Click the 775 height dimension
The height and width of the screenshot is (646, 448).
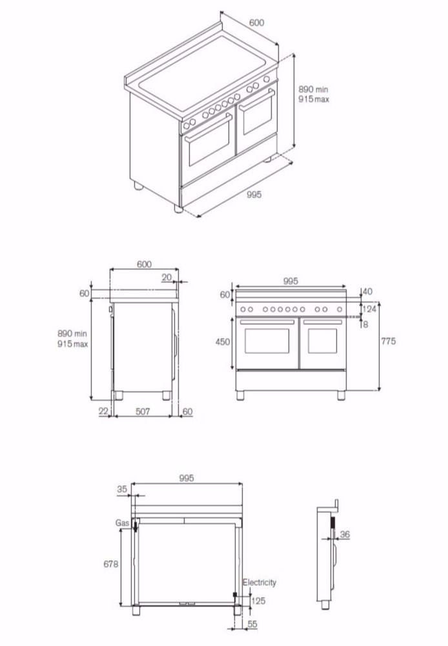coord(388,341)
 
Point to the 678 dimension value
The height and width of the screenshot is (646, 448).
coord(110,564)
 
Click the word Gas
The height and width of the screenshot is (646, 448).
coord(123,523)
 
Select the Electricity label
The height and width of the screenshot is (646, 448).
coord(259,582)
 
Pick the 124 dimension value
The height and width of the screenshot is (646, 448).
coord(369,309)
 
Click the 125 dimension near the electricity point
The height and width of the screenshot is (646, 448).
coord(258,601)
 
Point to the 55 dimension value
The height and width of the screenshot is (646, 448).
coord(253,625)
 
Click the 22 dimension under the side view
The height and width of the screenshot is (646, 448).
coord(104,412)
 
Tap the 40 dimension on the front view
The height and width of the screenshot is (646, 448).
coord(367,292)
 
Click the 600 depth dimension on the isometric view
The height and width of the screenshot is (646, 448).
coord(256,22)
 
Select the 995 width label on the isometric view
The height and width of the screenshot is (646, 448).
coord(254,194)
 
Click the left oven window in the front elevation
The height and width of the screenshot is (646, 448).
coord(267,341)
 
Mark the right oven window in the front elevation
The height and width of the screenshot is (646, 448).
coord(322,341)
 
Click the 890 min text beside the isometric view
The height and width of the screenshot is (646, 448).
coord(313,90)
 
